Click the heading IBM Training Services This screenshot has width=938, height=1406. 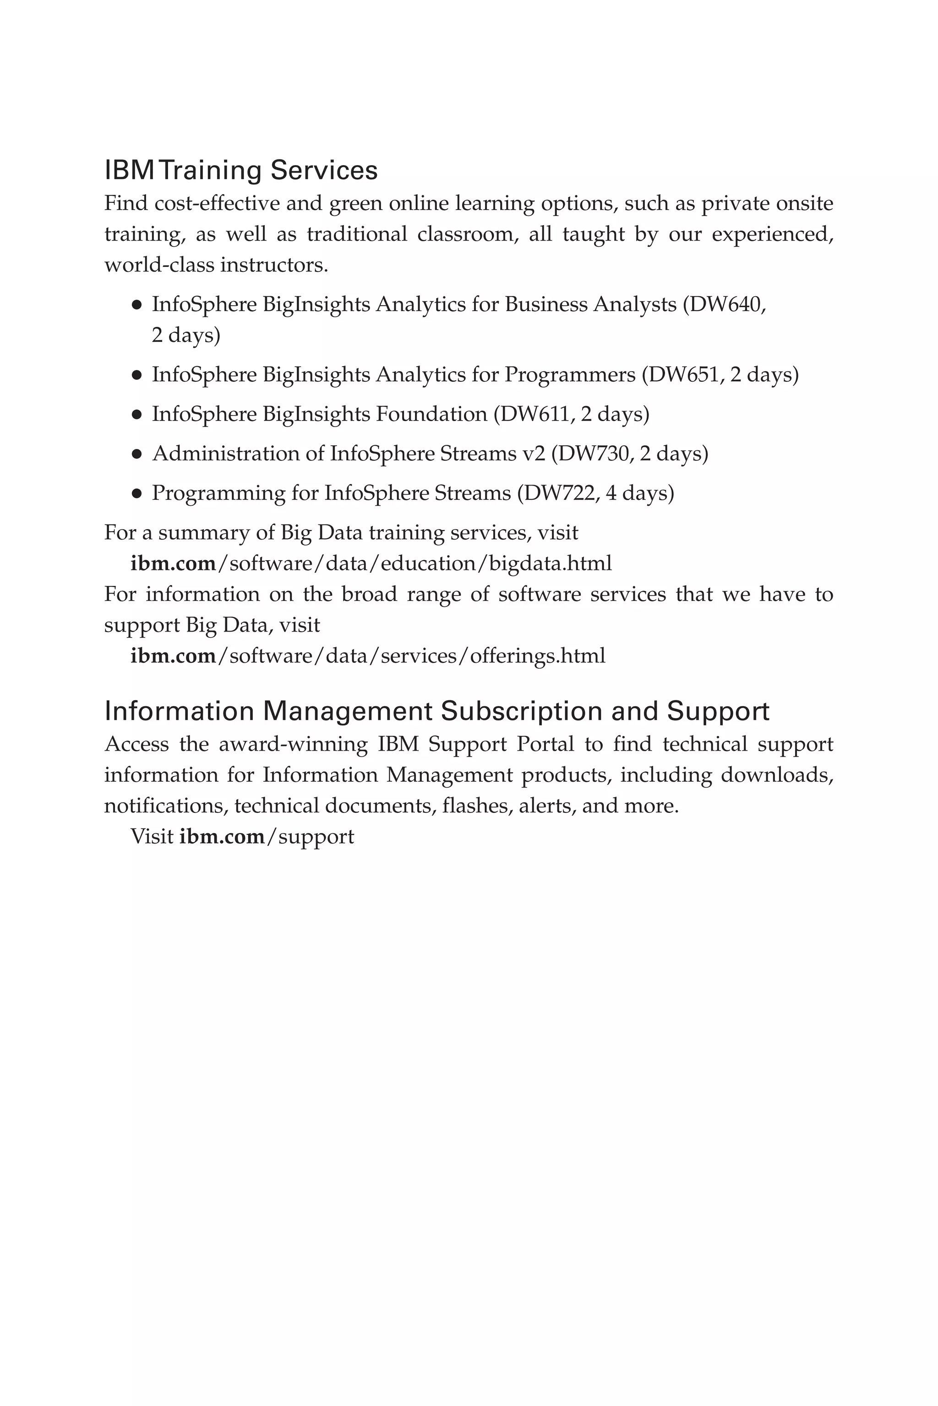(240, 170)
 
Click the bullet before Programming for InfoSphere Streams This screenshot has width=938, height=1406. (136, 494)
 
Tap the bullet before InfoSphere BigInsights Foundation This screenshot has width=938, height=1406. (136, 415)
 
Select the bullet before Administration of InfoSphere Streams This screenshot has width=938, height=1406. (136, 454)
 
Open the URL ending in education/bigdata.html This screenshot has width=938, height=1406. (371, 563)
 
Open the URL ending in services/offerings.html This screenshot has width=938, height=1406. (368, 656)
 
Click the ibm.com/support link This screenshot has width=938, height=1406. (266, 836)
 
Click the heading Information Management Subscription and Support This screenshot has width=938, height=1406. (436, 711)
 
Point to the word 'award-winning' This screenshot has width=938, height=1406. (293, 744)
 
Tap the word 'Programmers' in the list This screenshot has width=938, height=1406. (569, 375)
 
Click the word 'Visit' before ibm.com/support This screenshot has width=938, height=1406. (152, 836)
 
